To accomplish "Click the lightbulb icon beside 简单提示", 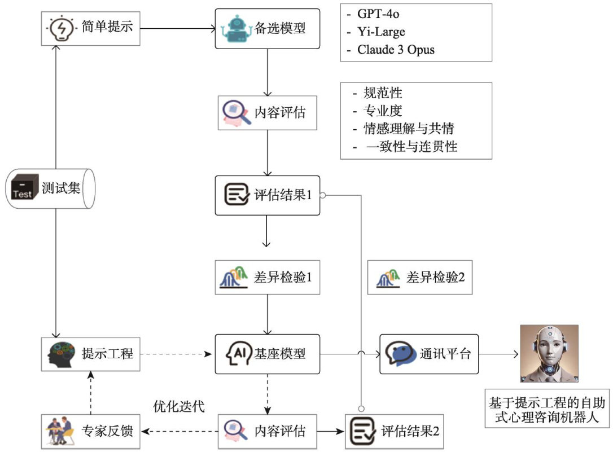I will (x=60, y=27).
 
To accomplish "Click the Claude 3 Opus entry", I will (x=396, y=50).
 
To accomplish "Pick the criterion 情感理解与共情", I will (x=409, y=128).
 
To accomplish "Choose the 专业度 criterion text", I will (x=382, y=110).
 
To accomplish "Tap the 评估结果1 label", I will (x=283, y=195).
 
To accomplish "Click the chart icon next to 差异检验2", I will (x=389, y=278).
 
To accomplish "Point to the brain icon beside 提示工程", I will (x=60, y=354).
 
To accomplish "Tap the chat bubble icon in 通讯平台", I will (x=401, y=354).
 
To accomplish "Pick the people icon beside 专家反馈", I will (x=60, y=431).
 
